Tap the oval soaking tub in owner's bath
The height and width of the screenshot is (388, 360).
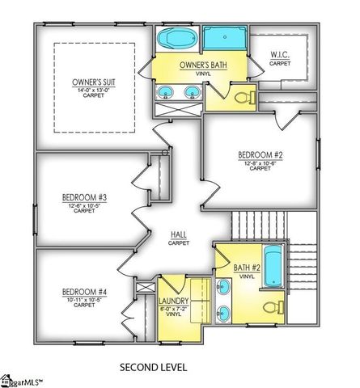click(172, 38)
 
